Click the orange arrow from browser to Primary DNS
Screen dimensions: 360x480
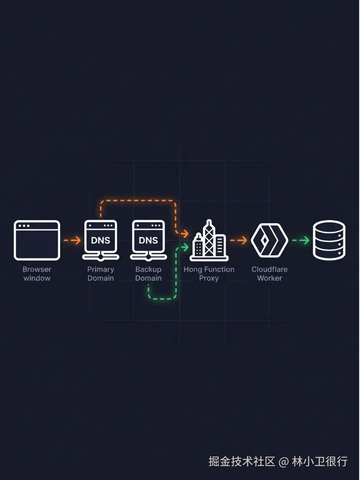tap(72, 240)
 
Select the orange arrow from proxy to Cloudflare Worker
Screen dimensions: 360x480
tap(239, 240)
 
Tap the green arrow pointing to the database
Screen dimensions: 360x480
tap(300, 240)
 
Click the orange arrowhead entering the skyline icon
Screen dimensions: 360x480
tap(185, 234)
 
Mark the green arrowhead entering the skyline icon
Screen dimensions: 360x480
tap(185, 247)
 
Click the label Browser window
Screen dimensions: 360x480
tap(37, 274)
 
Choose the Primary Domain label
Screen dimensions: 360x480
tap(101, 274)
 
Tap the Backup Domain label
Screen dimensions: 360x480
tap(148, 274)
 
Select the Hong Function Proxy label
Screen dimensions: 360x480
tap(209, 274)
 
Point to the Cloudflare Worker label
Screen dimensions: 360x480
tap(269, 274)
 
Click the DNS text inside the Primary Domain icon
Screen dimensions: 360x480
tap(101, 240)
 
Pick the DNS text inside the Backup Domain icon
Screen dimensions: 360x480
tap(148, 240)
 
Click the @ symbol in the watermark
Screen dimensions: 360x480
tap(284, 462)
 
